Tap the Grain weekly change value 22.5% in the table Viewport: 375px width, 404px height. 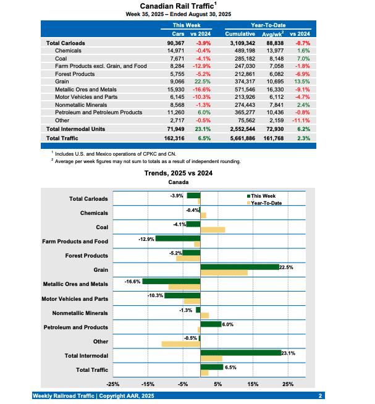pos(203,80)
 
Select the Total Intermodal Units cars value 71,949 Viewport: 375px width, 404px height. pos(175,129)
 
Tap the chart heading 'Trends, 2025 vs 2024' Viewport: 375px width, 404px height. pos(179,174)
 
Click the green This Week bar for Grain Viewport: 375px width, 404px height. pos(240,267)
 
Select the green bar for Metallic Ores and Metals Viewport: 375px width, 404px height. pos(171,281)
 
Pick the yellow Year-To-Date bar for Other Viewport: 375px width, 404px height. pos(181,344)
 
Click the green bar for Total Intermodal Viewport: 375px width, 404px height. pos(240,352)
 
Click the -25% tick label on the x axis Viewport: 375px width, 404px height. pos(114,384)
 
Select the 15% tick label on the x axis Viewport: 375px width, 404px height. pos(253,384)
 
